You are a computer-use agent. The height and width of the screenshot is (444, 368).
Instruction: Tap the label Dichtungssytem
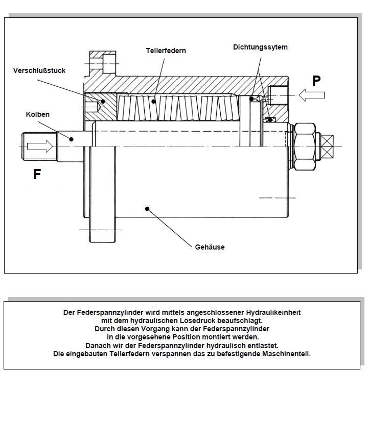click(260, 47)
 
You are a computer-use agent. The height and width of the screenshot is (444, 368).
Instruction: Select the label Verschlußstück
click(39, 70)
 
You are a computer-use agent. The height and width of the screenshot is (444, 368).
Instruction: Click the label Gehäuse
click(210, 247)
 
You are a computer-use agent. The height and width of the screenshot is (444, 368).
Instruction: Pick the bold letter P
click(317, 80)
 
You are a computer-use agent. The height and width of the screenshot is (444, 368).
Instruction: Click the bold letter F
click(37, 175)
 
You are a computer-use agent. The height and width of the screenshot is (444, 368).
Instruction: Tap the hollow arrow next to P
click(312, 95)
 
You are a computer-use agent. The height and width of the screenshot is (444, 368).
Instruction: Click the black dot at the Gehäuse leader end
click(147, 208)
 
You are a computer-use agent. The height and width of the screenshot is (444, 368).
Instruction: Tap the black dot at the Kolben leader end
click(72, 138)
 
